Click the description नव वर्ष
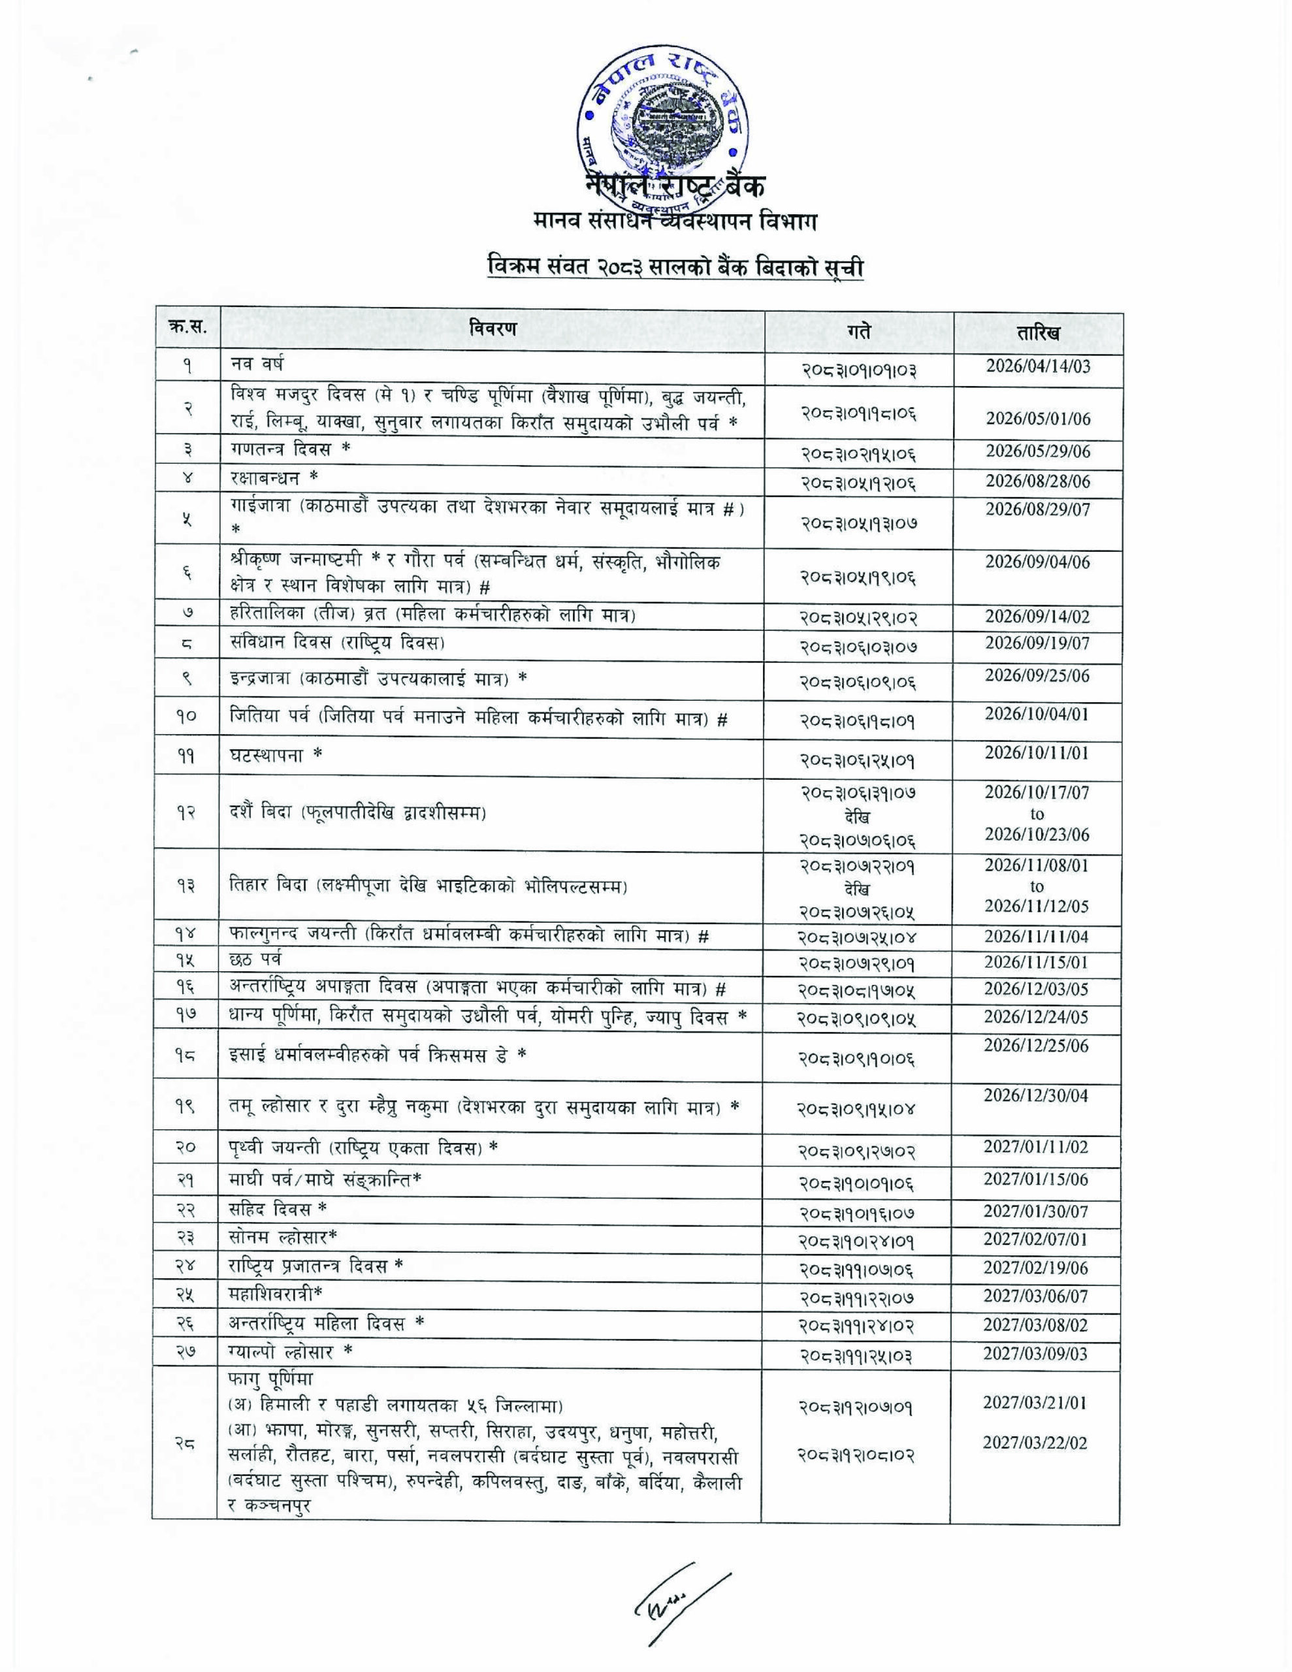257,364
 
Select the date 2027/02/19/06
1035,1268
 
